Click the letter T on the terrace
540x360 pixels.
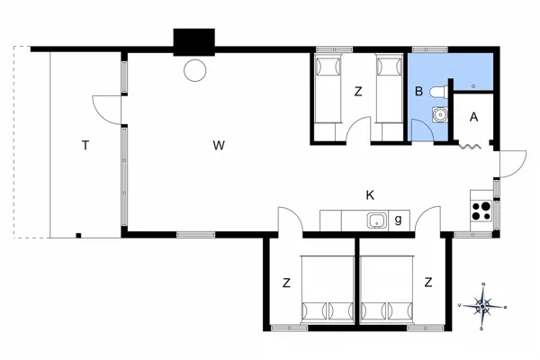[84, 144]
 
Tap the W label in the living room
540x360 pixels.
[218, 144]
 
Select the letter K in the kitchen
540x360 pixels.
[370, 194]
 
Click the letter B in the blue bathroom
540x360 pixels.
[418, 91]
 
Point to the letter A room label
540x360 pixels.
[474, 116]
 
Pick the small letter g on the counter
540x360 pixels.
[399, 220]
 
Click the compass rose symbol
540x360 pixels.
[483, 306]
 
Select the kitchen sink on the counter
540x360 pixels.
[376, 220]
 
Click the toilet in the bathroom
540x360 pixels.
[439, 91]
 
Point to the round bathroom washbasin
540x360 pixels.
[440, 114]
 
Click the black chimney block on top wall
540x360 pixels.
[194, 42]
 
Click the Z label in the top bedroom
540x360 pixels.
[358, 91]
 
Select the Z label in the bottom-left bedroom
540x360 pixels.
[286, 283]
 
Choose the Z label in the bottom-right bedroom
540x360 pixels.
[428, 283]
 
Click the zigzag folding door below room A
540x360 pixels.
[471, 144]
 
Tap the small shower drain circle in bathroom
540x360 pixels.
[473, 85]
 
